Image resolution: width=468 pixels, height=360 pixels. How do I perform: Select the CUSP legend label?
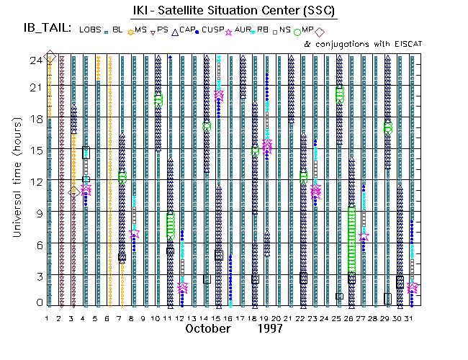click(214, 30)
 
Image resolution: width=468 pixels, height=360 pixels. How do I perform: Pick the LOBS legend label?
click(91, 30)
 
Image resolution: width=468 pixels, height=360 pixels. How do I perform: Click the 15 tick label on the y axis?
click(35, 151)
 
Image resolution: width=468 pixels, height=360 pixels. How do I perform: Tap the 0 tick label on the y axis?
click(37, 303)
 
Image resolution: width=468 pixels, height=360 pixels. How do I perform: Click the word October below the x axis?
click(208, 328)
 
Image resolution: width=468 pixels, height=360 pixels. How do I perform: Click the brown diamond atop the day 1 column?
click(50, 57)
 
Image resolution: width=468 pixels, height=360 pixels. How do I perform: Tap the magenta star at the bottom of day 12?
click(183, 288)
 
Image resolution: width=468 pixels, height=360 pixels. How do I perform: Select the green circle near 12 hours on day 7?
click(122, 176)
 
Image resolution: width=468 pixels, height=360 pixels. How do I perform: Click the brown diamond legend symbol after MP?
click(319, 31)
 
